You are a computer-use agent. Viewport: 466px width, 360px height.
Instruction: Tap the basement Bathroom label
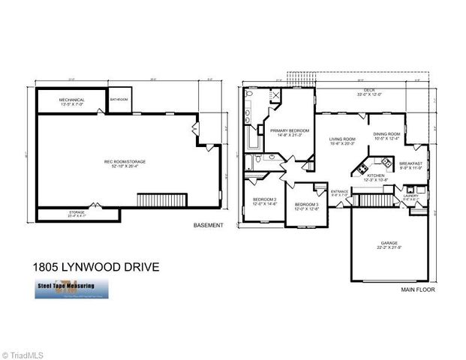coord(119,99)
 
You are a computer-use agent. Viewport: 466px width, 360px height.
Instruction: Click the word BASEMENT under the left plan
coord(209,225)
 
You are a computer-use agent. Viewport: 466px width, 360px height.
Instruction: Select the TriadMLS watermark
coord(23,352)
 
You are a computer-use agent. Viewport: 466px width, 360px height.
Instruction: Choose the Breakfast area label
coord(410,166)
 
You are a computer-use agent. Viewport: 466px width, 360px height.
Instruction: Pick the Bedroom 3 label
coord(306,207)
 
